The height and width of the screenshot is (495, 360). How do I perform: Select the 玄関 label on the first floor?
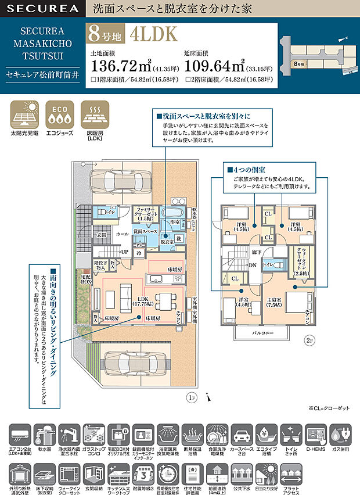click(102, 235)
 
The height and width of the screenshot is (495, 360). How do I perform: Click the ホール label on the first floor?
click(122, 234)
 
